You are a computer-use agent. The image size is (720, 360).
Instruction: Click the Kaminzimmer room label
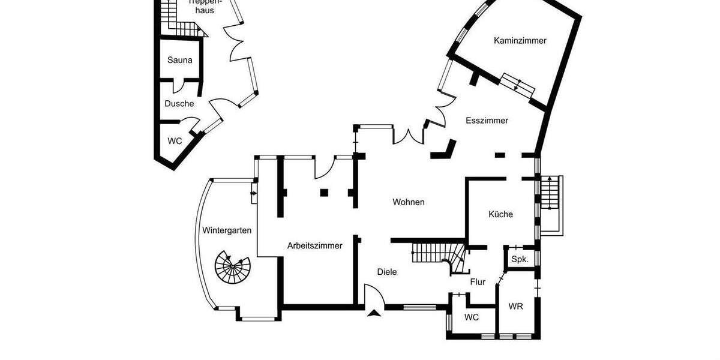pos(520,41)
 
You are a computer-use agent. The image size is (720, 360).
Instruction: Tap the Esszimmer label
pos(487,121)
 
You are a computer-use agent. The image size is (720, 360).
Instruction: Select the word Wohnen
pos(409,202)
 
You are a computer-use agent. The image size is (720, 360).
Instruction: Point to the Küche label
pos(500,214)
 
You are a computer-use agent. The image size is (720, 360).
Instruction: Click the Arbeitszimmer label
pos(314,245)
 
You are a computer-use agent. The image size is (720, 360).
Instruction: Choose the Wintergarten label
pos(227,230)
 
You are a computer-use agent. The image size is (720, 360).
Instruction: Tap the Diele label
pos(387,272)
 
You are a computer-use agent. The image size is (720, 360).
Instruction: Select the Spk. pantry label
pos(520,260)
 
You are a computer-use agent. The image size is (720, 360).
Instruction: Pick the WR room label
pos(515,306)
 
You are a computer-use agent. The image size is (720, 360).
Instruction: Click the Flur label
pos(478,282)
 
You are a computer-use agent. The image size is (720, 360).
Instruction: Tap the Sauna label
pos(180,60)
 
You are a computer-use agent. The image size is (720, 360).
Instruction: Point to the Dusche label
pos(179,104)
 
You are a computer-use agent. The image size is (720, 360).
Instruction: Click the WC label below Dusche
pos(175,142)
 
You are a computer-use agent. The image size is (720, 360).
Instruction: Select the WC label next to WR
pos(472,317)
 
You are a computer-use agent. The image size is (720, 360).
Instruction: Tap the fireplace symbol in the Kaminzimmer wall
pos(517,85)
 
